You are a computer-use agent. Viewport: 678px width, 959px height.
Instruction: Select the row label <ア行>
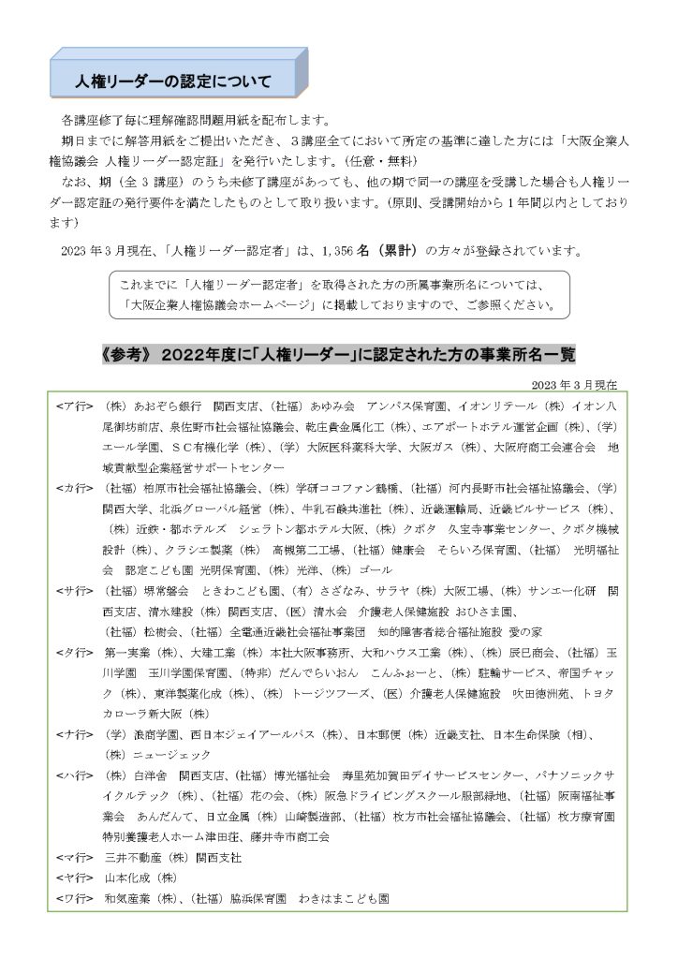pos(74,406)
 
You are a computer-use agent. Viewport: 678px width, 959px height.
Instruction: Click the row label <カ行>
pos(74,489)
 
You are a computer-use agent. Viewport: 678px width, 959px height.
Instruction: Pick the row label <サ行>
pos(74,591)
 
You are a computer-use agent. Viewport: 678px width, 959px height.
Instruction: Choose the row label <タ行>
pos(74,652)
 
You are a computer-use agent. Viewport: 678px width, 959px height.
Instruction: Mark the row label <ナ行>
pos(74,734)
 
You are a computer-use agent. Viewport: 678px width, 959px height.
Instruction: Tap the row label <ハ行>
pos(74,775)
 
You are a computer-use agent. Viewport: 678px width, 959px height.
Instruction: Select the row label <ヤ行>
pos(74,878)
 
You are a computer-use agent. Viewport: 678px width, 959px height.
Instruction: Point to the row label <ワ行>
pos(74,898)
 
